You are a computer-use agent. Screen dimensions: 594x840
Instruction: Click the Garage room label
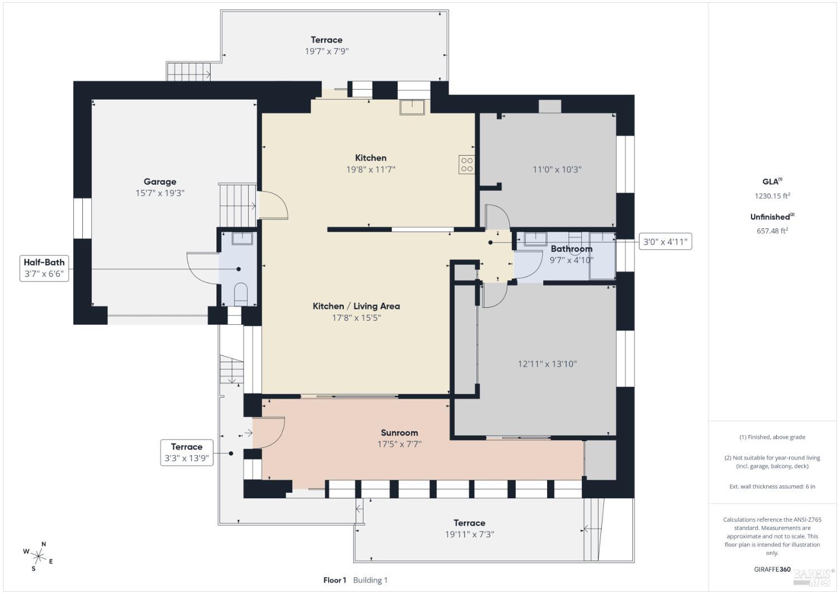160,181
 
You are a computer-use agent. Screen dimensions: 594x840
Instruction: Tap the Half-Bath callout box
44,268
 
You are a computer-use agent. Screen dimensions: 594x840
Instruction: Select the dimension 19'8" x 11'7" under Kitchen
370,169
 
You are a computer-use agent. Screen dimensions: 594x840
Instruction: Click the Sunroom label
399,432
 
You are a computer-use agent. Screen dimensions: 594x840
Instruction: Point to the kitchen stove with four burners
466,165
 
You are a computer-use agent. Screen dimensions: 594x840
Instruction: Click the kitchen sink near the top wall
412,106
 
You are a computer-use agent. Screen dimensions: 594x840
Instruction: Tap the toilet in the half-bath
240,293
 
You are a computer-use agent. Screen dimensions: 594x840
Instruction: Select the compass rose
38,556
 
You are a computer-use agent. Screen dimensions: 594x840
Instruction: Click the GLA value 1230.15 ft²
772,196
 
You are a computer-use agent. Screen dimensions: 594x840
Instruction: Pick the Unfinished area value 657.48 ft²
772,231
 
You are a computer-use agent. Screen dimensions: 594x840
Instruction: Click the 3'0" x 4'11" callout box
665,242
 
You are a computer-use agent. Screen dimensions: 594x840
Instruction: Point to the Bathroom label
571,249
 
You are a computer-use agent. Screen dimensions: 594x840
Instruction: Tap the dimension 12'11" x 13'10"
547,364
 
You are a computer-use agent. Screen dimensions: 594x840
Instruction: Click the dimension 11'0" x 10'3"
557,169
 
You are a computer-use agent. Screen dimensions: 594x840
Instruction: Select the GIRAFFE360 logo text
772,569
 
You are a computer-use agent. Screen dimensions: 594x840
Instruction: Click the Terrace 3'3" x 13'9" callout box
186,452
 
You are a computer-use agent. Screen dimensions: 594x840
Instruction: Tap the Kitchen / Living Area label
356,306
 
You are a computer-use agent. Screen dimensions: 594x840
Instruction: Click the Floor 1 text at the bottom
335,580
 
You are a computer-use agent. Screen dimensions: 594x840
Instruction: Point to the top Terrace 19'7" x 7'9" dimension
326,51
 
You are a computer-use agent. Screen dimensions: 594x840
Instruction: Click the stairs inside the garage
237,204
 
